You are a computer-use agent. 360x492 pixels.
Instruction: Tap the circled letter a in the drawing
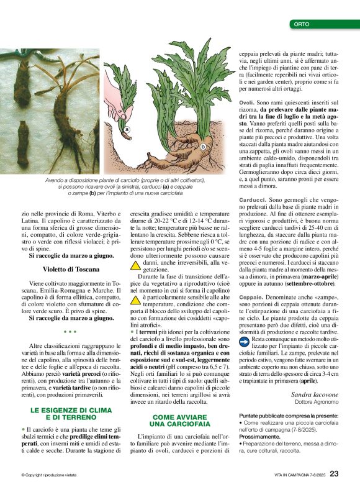127,130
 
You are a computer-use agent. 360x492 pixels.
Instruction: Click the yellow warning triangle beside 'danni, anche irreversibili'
135,265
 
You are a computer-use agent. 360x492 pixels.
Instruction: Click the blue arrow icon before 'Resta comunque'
245,341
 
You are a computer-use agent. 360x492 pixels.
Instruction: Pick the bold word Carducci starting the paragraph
251,199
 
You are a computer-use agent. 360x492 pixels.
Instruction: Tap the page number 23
334,473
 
